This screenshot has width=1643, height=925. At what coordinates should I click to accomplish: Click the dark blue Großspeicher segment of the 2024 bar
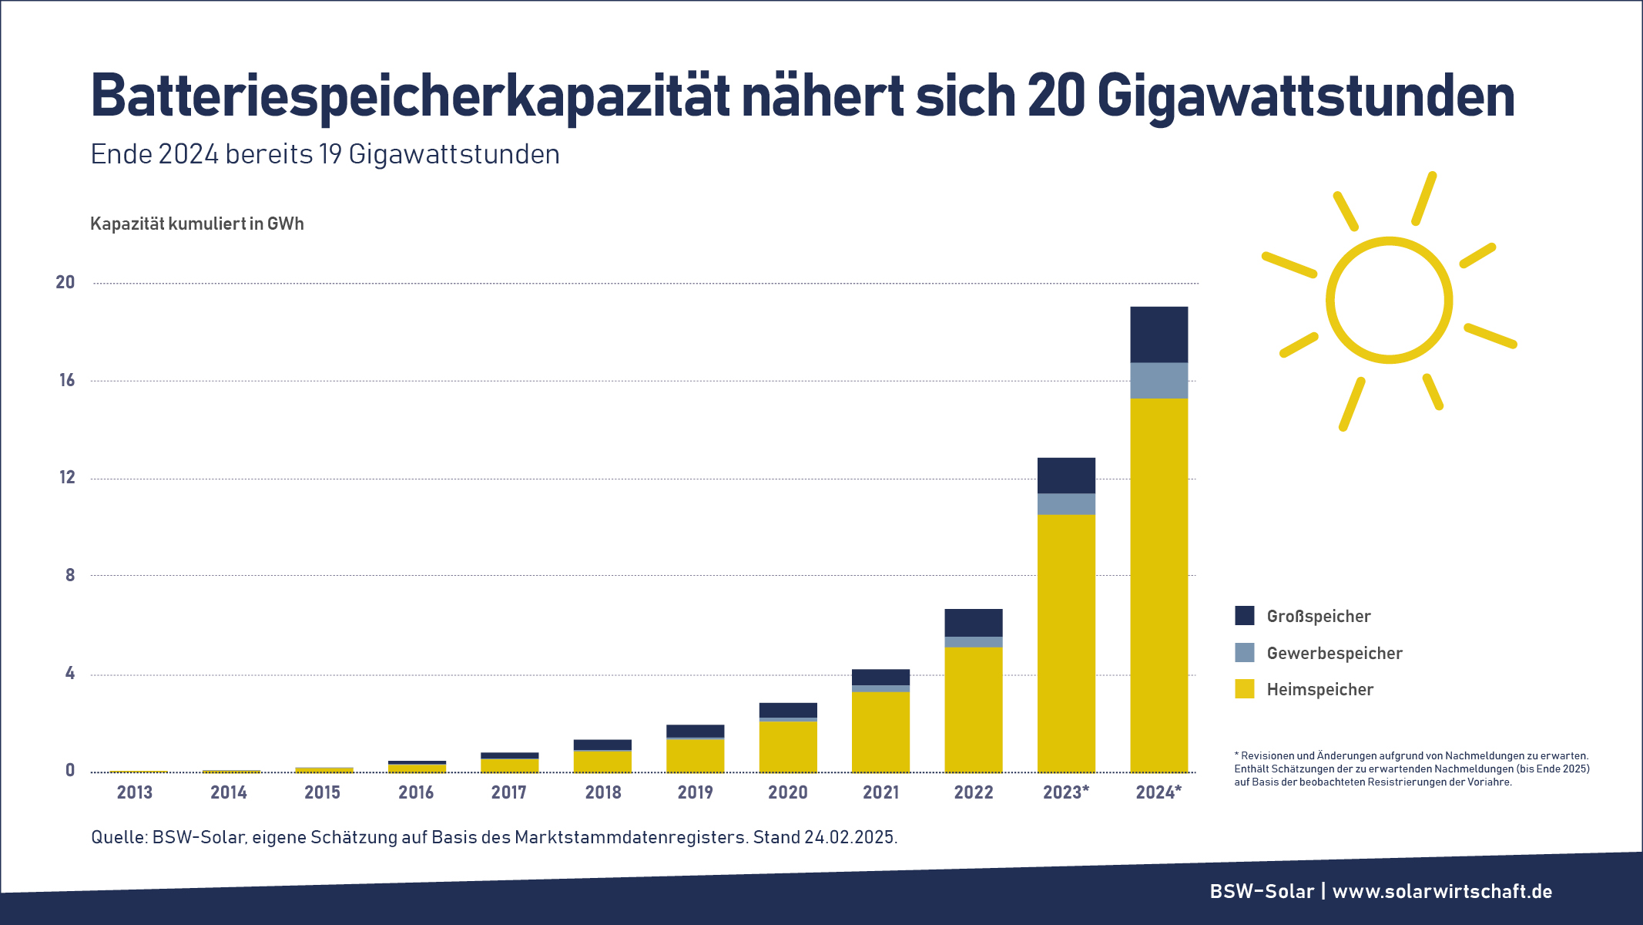click(x=1158, y=335)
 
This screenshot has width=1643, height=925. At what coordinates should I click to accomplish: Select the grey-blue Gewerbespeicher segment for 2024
click(x=1158, y=380)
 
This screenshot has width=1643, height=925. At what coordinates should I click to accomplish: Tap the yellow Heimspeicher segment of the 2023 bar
click(x=1066, y=643)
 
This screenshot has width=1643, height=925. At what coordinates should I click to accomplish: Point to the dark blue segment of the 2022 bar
click(x=973, y=623)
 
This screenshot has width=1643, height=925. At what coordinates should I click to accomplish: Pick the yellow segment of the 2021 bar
click(x=880, y=732)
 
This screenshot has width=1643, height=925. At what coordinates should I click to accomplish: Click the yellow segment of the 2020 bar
click(x=788, y=746)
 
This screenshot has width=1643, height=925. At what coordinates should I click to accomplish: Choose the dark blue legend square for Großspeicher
click(x=1244, y=615)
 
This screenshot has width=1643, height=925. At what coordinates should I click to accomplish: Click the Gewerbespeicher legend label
click(x=1334, y=653)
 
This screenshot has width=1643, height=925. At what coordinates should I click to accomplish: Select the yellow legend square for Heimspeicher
click(x=1244, y=689)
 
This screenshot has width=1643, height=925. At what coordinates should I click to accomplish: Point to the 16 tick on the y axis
click(x=67, y=380)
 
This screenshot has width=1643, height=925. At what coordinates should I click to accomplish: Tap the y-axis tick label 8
click(x=70, y=575)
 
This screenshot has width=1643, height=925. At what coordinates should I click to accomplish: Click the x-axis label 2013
click(x=135, y=792)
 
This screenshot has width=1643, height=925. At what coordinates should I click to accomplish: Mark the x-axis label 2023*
click(x=1066, y=792)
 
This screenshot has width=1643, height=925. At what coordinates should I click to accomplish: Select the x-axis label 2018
click(x=603, y=792)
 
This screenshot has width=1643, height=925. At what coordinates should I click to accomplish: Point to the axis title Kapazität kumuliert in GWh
click(x=197, y=224)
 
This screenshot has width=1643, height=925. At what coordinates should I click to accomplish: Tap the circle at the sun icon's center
click(x=1389, y=300)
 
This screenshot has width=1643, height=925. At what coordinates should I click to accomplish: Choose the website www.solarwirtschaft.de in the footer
click(x=1442, y=891)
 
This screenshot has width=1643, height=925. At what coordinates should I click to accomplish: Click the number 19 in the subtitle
click(x=330, y=154)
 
